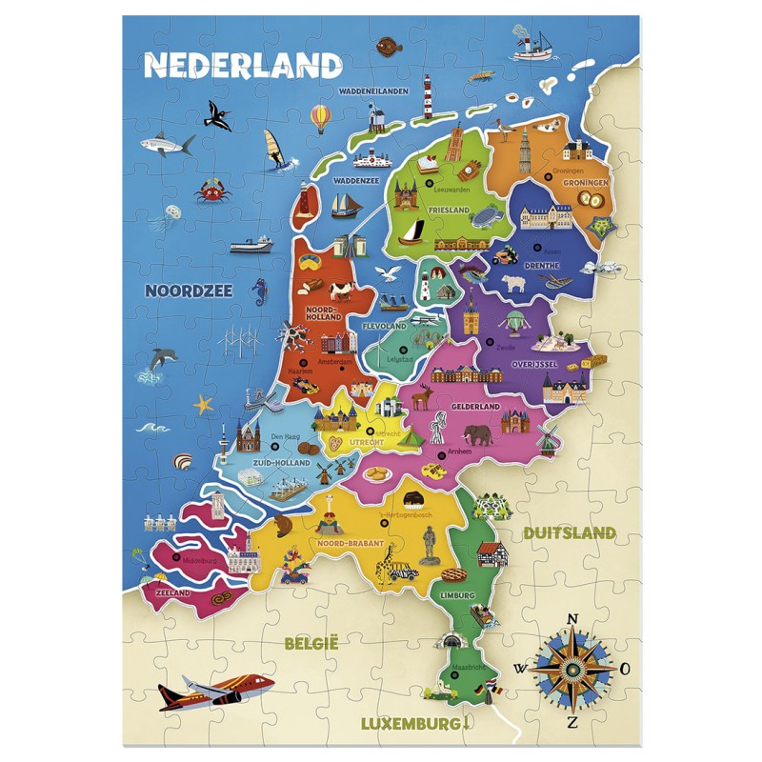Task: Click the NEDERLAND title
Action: pyautogui.click(x=242, y=64)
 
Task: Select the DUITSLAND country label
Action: pyautogui.click(x=570, y=532)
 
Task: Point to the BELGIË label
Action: pyautogui.click(x=311, y=644)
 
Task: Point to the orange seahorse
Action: pyautogui.click(x=259, y=291)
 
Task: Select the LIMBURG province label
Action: pyautogui.click(x=457, y=595)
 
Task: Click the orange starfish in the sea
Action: pyautogui.click(x=203, y=404)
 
